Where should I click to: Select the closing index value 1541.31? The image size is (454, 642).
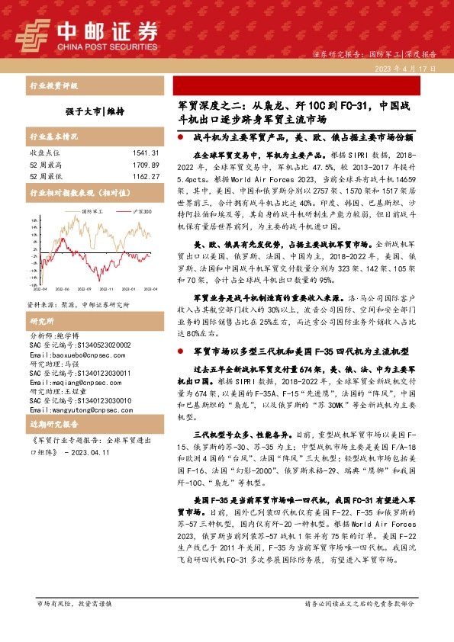point(143,153)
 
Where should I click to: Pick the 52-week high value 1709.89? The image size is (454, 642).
point(143,164)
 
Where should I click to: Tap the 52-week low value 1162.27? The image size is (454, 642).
point(143,175)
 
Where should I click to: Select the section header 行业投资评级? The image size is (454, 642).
point(53,85)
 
